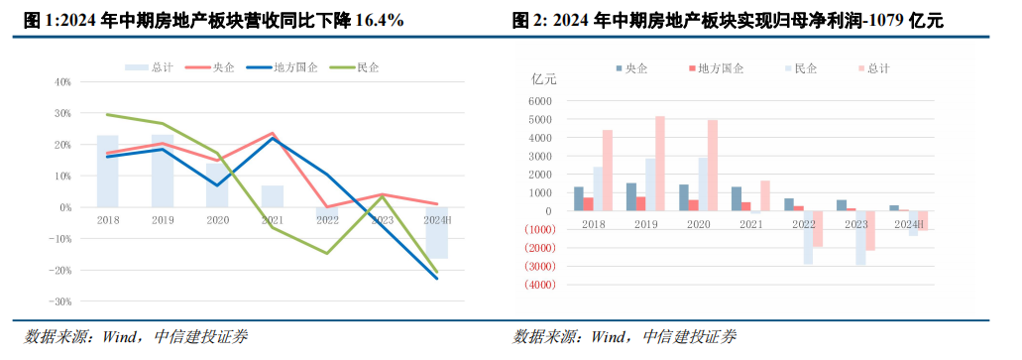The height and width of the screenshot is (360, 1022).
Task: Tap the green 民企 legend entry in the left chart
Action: tap(364, 67)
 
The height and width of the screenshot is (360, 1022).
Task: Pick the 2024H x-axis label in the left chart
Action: tap(436, 220)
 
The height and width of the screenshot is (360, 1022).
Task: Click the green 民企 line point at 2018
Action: tap(108, 114)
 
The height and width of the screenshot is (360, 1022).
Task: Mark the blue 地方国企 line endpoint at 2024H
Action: tap(436, 278)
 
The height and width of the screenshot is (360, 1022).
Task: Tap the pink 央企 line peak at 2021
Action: tap(273, 133)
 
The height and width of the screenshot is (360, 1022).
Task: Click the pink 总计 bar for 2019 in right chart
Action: tap(660, 164)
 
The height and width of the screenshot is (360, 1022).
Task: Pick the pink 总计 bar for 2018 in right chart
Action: tap(608, 171)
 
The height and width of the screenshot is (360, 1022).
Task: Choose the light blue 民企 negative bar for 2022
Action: tap(809, 237)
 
